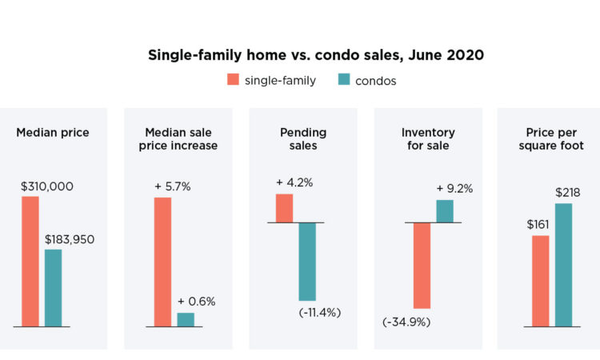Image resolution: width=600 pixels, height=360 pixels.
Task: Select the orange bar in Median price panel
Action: [x=30, y=261]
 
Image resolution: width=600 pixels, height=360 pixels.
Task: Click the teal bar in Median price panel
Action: [x=53, y=288]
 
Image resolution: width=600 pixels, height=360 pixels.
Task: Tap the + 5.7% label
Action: [x=171, y=186]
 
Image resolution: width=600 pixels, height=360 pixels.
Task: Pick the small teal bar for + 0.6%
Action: [x=186, y=319]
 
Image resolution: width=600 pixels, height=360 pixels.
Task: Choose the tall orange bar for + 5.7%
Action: [x=162, y=262]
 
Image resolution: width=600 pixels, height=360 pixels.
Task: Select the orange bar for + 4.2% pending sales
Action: [x=285, y=208]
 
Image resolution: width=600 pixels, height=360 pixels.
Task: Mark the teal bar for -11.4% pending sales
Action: [x=307, y=262]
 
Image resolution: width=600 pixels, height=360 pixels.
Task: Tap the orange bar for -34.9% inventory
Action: [x=422, y=265]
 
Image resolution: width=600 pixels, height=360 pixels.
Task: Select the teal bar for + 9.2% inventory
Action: [x=445, y=211]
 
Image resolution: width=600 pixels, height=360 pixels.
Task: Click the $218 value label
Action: [x=567, y=192]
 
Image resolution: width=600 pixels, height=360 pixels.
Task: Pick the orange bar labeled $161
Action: [x=541, y=281]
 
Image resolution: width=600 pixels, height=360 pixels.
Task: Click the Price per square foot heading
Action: [x=549, y=138]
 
